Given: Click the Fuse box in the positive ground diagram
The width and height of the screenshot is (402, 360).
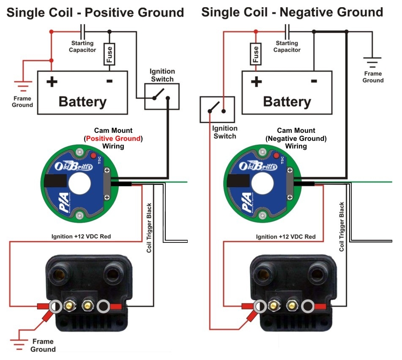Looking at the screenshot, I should [x=109, y=55].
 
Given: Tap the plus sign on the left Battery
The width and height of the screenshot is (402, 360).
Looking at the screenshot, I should [x=52, y=81].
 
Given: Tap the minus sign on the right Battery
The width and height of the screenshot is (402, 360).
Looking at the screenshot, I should [x=314, y=81].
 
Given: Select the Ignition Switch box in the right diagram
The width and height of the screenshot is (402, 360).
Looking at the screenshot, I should [x=217, y=108].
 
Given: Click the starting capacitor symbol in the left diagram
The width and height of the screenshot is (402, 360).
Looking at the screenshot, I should [x=83, y=31].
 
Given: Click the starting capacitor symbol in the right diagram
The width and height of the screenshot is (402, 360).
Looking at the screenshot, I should [x=287, y=31].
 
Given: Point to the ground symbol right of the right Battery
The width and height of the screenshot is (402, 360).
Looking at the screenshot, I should [x=372, y=63].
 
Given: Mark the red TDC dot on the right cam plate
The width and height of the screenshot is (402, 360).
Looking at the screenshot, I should [x=277, y=157].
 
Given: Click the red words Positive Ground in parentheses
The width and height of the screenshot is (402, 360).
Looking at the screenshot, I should [x=113, y=138].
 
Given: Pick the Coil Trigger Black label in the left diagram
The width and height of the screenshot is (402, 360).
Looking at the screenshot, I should [x=149, y=228].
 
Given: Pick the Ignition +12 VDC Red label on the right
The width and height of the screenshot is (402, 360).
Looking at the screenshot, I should [x=286, y=236].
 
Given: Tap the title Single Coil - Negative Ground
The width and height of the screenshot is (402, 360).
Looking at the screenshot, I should [x=292, y=12].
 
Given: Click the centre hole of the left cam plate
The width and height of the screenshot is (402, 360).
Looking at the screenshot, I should [x=79, y=183].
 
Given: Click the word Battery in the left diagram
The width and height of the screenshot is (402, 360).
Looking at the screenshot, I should [x=82, y=102].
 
